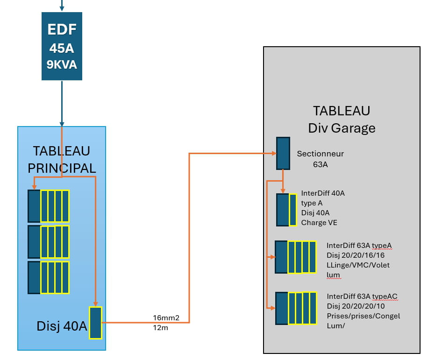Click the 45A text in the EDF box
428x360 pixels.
[62, 49]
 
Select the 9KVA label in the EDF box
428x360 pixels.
[62, 64]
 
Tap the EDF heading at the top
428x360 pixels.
[62, 30]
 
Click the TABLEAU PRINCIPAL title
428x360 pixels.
[62, 159]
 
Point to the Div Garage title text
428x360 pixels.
[342, 128]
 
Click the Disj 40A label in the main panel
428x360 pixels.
[62, 326]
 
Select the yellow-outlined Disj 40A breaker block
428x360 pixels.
[95, 322]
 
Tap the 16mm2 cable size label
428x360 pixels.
[166, 318]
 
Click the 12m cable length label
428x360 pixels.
[160, 327]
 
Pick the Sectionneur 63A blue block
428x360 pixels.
[283, 153]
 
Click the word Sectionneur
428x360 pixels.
[321, 154]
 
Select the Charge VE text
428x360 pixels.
[319, 223]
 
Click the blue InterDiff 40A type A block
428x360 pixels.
[283, 210]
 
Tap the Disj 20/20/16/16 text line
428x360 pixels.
[355, 255]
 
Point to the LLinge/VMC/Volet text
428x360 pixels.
[358, 265]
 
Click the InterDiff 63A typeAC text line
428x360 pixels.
[362, 296]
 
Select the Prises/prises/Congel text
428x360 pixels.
[363, 316]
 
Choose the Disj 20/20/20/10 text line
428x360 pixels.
[355, 306]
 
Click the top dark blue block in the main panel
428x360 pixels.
[34, 206]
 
